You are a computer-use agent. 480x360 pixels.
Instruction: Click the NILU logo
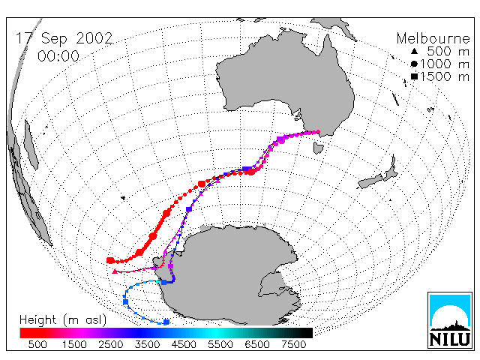tap(450, 320)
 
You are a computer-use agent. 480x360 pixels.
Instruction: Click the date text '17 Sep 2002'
tap(64, 38)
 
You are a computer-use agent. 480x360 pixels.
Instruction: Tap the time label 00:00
tap(58, 56)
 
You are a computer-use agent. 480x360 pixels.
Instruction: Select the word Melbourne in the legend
tap(433, 38)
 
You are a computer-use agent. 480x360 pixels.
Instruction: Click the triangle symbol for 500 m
tap(414, 52)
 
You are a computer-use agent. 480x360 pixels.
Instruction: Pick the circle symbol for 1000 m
tap(414, 64)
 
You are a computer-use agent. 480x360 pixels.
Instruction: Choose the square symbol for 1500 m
tap(414, 76)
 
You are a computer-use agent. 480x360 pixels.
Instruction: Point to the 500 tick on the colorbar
tap(37, 345)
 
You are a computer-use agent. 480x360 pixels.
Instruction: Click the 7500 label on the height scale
tap(293, 345)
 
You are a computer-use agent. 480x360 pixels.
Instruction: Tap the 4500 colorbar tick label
tap(184, 345)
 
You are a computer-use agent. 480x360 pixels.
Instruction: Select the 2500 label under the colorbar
tap(110, 345)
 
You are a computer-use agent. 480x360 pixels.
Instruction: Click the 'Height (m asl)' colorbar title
tap(63, 320)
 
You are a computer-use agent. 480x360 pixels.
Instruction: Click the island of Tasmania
tap(318, 148)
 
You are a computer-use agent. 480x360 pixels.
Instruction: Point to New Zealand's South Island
tap(370, 181)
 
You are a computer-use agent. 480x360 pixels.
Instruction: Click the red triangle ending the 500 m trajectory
tap(115, 271)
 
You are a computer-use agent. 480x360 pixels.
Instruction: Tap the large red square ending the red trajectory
tap(110, 260)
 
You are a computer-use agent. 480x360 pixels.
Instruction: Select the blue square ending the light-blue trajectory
tap(166, 322)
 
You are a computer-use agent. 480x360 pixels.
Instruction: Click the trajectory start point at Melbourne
tap(318, 132)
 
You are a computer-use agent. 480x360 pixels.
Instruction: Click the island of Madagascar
tap(31, 145)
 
